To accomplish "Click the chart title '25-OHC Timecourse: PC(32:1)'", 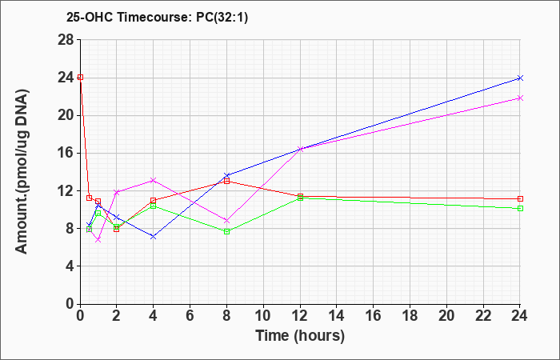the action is [157, 17].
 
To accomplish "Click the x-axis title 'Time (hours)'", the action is [300, 336].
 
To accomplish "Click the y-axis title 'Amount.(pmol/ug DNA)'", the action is [22, 172].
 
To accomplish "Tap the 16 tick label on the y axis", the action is [66, 154].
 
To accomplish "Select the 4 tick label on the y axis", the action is [70, 266].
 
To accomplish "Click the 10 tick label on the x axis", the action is [263, 316].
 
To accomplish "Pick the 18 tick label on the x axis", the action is [410, 316].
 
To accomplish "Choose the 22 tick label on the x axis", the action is [483, 316].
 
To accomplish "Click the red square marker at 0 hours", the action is [80, 77].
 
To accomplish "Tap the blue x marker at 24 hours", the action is [520, 78].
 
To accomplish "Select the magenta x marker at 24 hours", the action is [520, 98].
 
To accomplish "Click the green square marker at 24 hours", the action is [520, 208].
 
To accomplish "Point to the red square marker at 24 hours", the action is [520, 198].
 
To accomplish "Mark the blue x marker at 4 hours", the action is [154, 237].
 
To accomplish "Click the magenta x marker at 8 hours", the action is [226, 220].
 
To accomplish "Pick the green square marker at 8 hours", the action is [226, 231].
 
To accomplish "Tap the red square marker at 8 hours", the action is [226, 181].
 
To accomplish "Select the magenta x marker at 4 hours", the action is [154, 180].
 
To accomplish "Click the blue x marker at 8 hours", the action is [226, 175].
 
